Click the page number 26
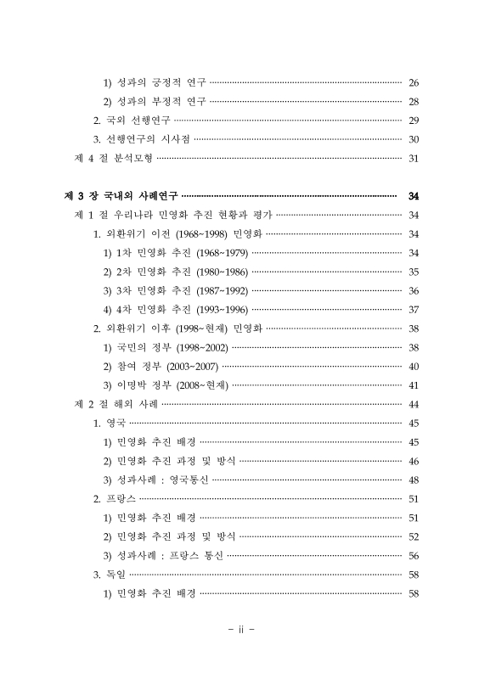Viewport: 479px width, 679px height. (414, 82)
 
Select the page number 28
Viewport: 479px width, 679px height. (414, 102)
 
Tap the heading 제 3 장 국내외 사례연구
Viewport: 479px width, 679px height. (122, 195)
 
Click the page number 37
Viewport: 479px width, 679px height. (414, 309)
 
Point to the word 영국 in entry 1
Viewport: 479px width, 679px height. (116, 423)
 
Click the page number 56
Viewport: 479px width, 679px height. (414, 555)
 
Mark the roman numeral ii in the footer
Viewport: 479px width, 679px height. (239, 631)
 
